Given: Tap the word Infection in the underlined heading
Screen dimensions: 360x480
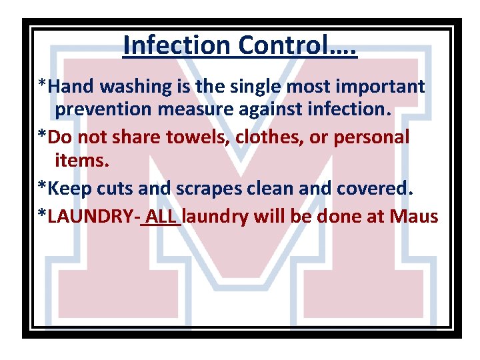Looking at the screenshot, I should tap(177, 45).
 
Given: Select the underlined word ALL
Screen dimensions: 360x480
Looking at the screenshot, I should tap(162, 216).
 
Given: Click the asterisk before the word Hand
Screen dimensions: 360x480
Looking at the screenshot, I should tap(42, 85).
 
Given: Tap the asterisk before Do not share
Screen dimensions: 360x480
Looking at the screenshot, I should tap(42, 136).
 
